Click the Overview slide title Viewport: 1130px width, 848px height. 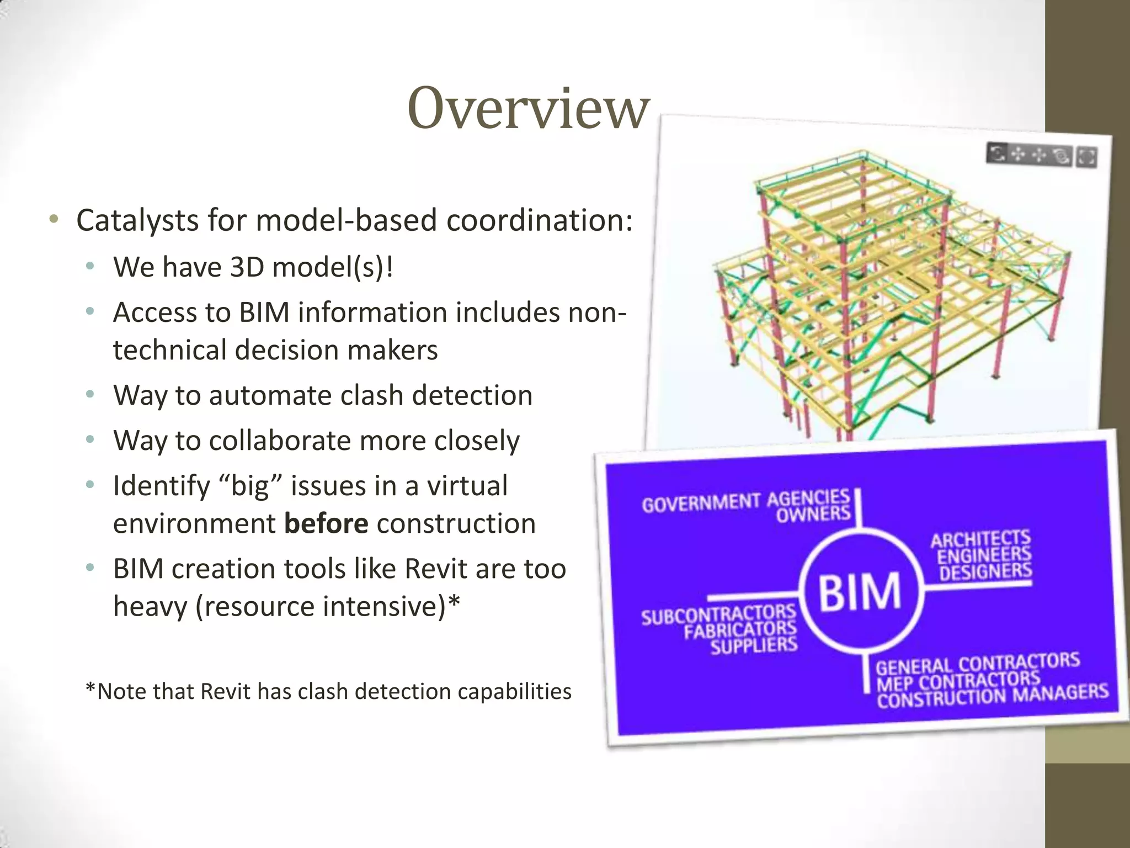coord(529,109)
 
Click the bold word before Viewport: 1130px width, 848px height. coord(326,523)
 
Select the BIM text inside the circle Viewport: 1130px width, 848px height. coord(860,592)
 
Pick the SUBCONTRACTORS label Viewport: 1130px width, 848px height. coord(718,614)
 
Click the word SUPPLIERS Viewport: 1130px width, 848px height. coord(754,645)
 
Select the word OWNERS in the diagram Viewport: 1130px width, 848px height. coord(813,515)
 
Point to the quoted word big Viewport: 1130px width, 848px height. coord(250,486)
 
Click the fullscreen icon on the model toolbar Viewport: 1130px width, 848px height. coord(1086,157)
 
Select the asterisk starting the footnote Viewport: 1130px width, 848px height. coord(90,690)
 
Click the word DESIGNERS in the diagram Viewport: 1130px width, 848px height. coord(985,572)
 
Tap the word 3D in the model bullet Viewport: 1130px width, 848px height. coord(247,267)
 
